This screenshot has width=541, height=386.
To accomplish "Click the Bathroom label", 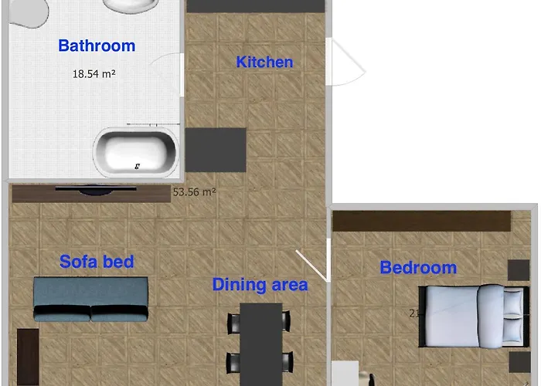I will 97,46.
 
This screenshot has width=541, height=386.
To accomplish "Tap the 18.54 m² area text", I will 94,74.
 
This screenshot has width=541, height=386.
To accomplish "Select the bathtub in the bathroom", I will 136,151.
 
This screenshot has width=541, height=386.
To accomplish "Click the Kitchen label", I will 264,62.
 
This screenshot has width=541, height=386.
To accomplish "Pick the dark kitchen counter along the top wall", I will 255,5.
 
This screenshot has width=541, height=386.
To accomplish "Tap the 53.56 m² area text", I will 193,192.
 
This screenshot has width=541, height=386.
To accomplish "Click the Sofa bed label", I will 97,262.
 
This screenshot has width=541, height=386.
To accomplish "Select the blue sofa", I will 90,300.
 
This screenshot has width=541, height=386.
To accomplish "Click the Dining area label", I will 260,284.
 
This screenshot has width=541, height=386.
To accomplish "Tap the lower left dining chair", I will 233,361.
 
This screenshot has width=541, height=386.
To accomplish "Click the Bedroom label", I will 418,268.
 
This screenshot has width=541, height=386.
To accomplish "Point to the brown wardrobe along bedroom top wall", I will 422,220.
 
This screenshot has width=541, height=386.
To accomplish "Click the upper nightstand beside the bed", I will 519,270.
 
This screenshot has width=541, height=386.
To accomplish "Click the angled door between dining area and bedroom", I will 312,266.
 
